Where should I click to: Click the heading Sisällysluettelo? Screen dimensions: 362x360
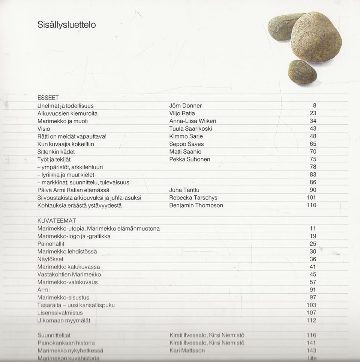point(67,25)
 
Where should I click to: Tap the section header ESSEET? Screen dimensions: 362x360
point(48,98)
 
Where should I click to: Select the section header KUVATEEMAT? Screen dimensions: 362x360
point(57,221)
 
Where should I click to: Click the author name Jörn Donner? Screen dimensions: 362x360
point(186,106)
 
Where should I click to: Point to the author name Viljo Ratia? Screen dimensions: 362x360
point(182,113)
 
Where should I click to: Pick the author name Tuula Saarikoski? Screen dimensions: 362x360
point(191,129)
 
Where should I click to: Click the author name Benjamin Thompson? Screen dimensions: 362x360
point(196,205)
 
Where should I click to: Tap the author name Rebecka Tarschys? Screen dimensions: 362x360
point(193,198)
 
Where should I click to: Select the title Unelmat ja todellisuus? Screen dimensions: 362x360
point(66,106)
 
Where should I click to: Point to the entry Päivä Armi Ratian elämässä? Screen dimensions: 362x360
point(73,190)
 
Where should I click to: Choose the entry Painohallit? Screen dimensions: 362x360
point(51,244)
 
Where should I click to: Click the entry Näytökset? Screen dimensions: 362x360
point(51,259)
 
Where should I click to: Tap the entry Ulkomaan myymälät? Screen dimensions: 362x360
point(64,320)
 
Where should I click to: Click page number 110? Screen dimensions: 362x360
point(311,205)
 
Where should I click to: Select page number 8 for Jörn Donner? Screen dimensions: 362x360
point(315,106)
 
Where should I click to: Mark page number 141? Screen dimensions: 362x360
point(311,343)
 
